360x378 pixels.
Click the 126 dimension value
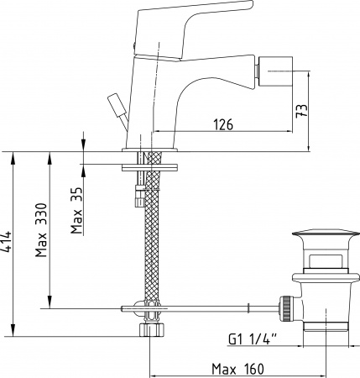click(223, 124)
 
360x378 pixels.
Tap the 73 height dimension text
click(302, 111)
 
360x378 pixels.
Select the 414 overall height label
click(6, 241)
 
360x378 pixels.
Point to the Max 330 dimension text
click(41, 230)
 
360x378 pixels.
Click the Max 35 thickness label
click(76, 210)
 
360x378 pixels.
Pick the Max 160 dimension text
click(237, 369)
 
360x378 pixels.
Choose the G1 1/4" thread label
click(253, 339)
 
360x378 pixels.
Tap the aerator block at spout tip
click(276, 73)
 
